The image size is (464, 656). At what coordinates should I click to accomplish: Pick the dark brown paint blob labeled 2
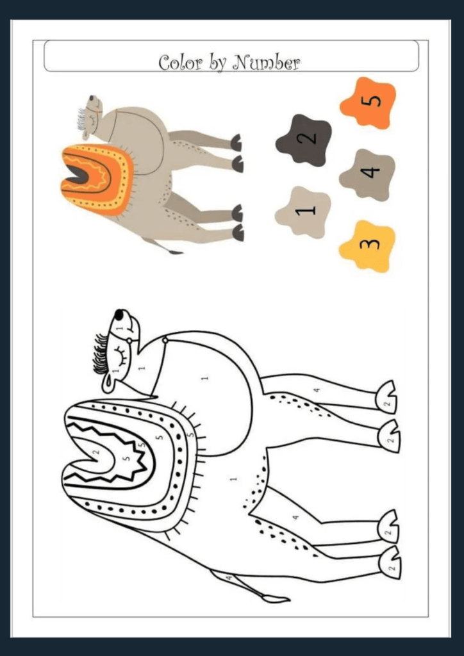pyautogui.click(x=304, y=140)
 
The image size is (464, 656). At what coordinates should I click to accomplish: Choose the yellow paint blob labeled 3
pyautogui.click(x=367, y=245)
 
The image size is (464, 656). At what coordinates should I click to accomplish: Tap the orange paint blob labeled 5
pyautogui.click(x=368, y=102)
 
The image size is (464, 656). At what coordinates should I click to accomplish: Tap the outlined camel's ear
pyautogui.click(x=108, y=382)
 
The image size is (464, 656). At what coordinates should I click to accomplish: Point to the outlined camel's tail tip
pyautogui.click(x=277, y=600)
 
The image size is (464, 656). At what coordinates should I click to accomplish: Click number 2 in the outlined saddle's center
pyautogui.click(x=97, y=452)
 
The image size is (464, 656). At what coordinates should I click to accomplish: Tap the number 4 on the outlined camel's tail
pyautogui.click(x=229, y=578)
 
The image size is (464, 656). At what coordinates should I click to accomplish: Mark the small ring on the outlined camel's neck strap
pyautogui.click(x=165, y=340)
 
